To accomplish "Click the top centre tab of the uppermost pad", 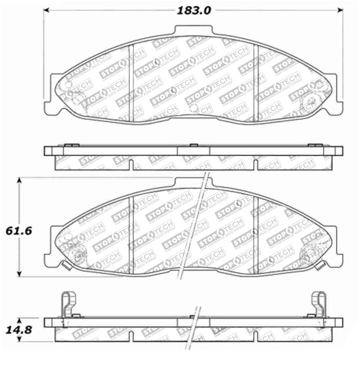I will (x=193, y=31).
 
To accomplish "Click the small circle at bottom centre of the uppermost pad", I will (x=193, y=108).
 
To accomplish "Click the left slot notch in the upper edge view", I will (x=131, y=164).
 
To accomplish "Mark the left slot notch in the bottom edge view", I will (x=131, y=335).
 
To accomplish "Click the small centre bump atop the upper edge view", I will (x=193, y=145).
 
